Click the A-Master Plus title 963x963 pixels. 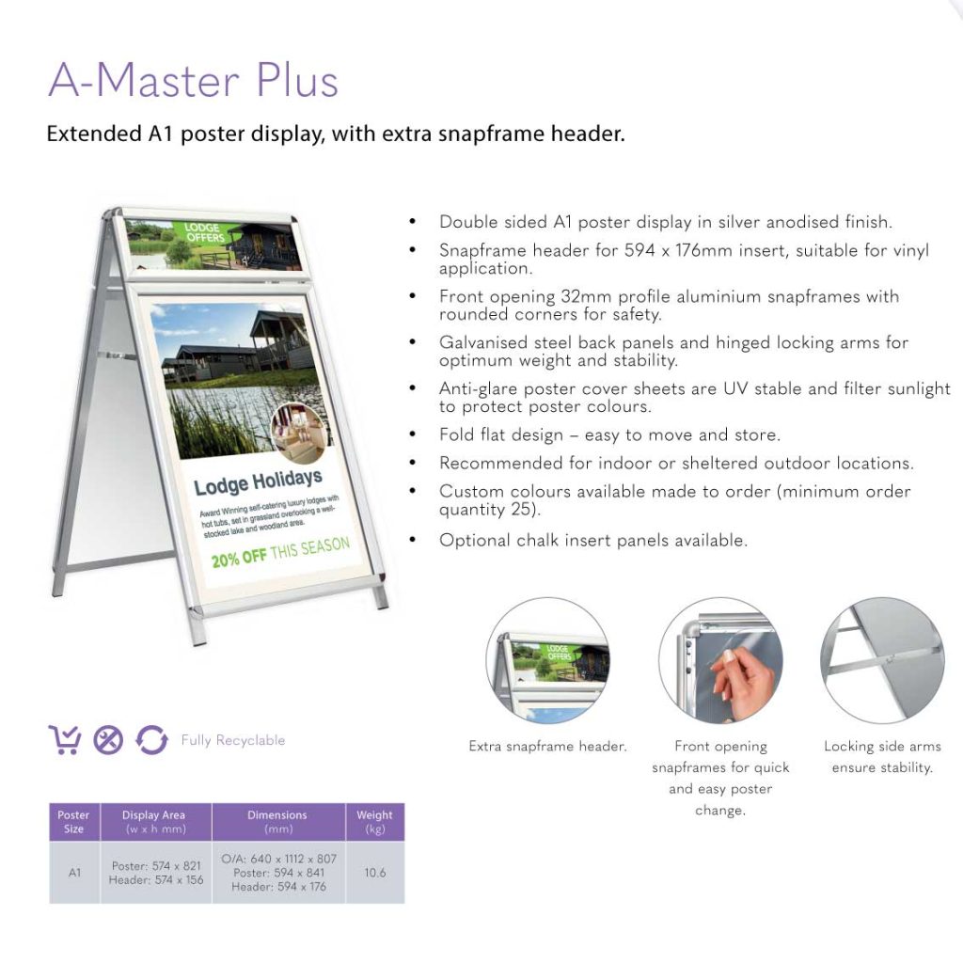point(194,80)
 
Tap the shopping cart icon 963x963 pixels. point(65,739)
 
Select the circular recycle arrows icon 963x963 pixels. point(151,739)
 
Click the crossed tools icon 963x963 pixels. point(108,740)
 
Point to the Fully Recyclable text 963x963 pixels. point(233,740)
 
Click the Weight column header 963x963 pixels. point(374,822)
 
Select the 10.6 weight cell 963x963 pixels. point(374,872)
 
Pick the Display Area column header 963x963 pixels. point(155,822)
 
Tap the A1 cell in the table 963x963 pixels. point(74,872)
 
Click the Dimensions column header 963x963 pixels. point(278,822)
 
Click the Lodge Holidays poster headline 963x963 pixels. point(258,482)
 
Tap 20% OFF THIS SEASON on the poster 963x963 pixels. point(280,551)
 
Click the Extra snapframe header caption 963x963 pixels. point(547,746)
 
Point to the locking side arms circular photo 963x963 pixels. point(882,660)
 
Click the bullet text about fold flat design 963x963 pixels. point(609,434)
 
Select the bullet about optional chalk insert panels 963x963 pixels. point(593,541)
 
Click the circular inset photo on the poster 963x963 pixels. point(297,433)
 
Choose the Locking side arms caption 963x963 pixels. point(882,757)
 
